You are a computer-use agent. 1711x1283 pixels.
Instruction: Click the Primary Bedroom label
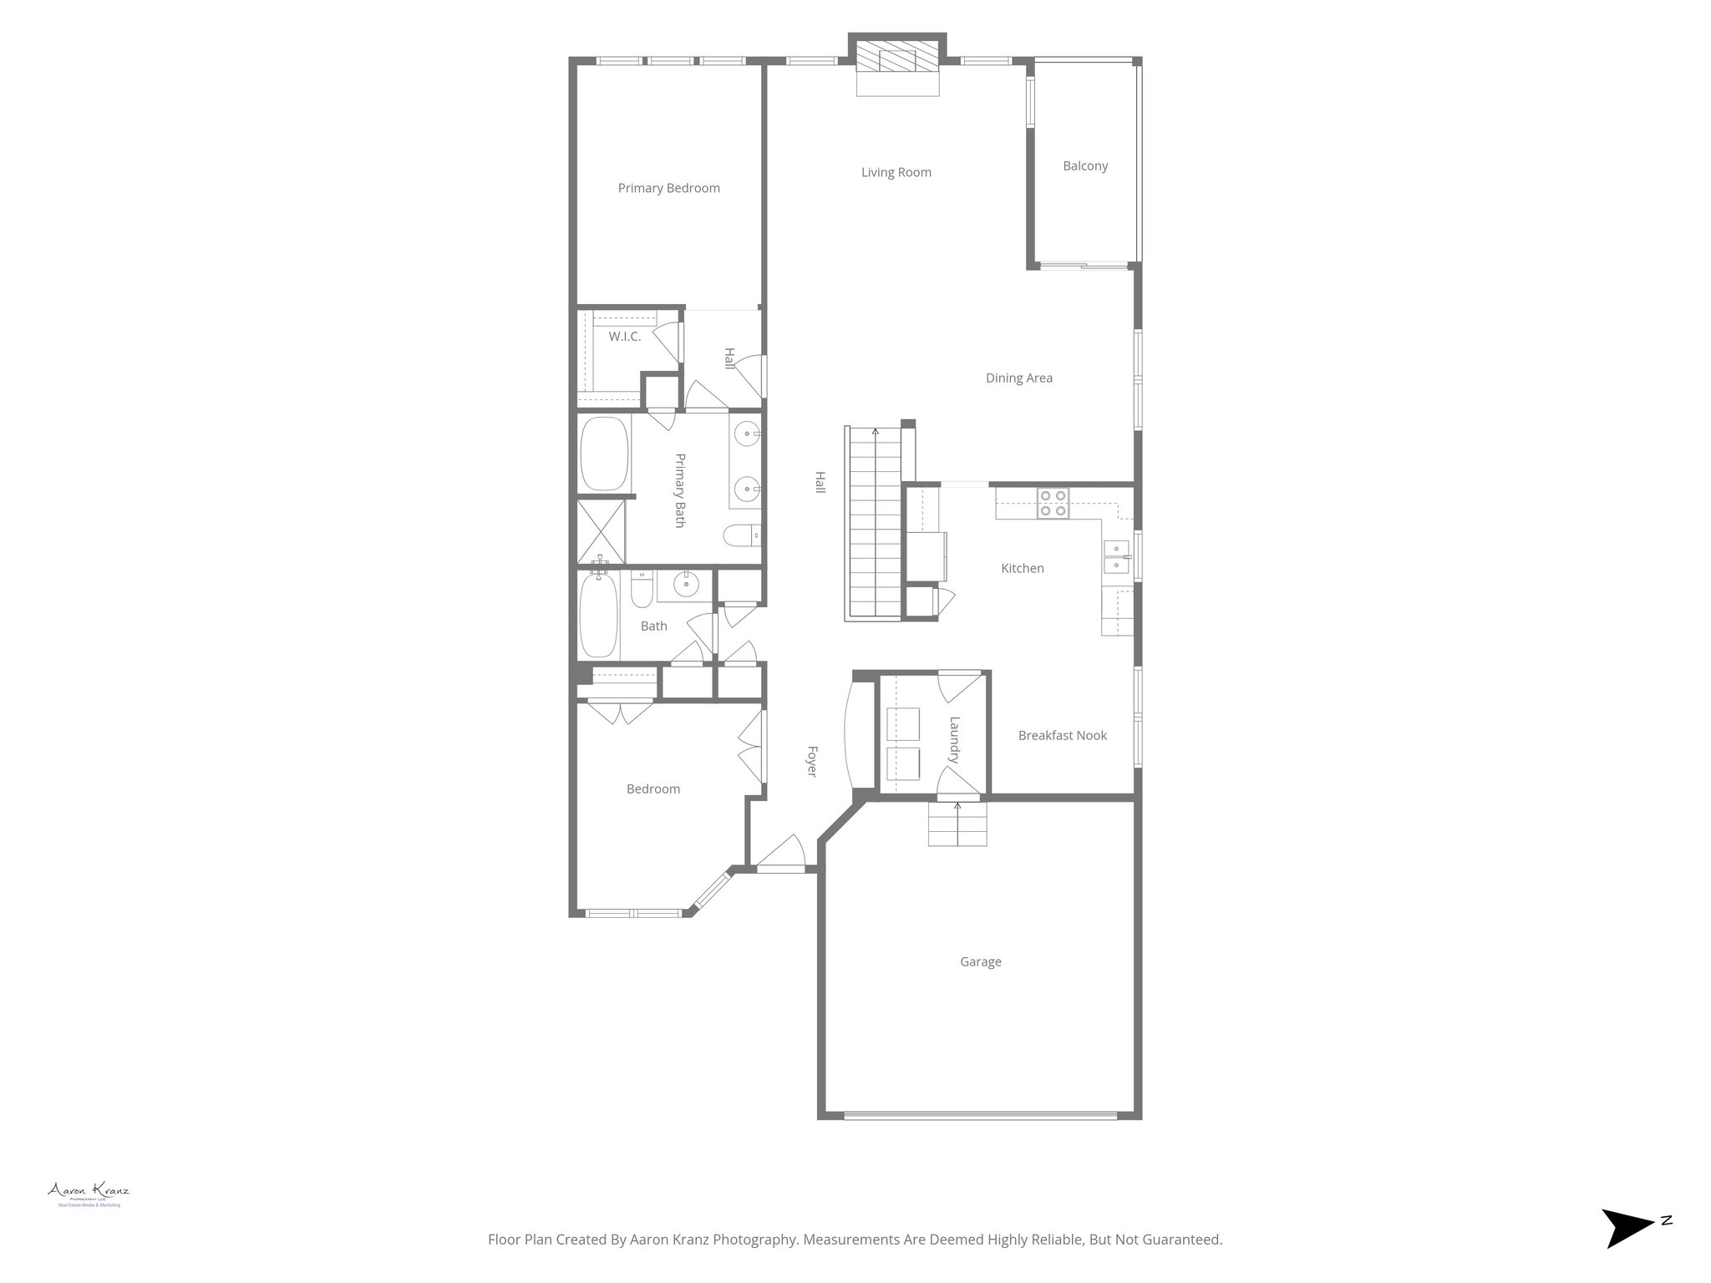[668, 189]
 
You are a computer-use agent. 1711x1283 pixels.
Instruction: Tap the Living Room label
[896, 173]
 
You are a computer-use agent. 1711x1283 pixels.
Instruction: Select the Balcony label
[1085, 166]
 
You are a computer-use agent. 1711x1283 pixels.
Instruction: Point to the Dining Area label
[1018, 378]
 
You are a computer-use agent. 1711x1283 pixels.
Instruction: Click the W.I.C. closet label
[624, 337]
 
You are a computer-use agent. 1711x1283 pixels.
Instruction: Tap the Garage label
[980, 962]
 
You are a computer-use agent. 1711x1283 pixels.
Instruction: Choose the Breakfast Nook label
[1062, 736]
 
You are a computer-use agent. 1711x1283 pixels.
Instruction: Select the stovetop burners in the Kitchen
[1053, 503]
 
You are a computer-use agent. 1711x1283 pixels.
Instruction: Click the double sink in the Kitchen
[1117, 558]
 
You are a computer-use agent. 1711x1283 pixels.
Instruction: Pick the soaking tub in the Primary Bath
[604, 454]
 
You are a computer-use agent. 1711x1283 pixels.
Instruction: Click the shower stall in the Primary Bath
[601, 530]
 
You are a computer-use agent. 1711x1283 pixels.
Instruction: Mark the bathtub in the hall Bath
[598, 614]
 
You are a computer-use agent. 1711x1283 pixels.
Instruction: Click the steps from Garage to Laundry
[957, 824]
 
